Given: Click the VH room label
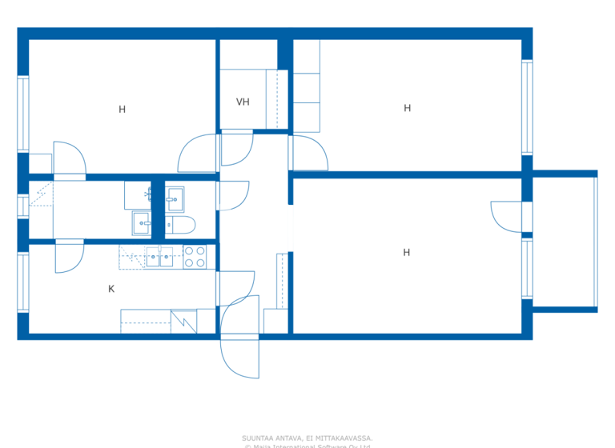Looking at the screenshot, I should (243, 102).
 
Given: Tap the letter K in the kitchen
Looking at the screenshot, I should (111, 289).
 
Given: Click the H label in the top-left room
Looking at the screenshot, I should (122, 110).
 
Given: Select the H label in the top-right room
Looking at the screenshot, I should (407, 108).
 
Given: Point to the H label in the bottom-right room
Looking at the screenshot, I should (406, 253).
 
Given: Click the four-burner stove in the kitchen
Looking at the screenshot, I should (195, 257).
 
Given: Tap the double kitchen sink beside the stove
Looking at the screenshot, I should (159, 257).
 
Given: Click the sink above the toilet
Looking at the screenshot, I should (175, 197).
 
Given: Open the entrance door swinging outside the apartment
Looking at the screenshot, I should (240, 358).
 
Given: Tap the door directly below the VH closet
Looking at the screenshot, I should (236, 148).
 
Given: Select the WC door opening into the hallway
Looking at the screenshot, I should (232, 196).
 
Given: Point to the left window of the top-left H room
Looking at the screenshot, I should (22, 114).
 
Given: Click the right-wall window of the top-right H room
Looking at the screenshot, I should (527, 107).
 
